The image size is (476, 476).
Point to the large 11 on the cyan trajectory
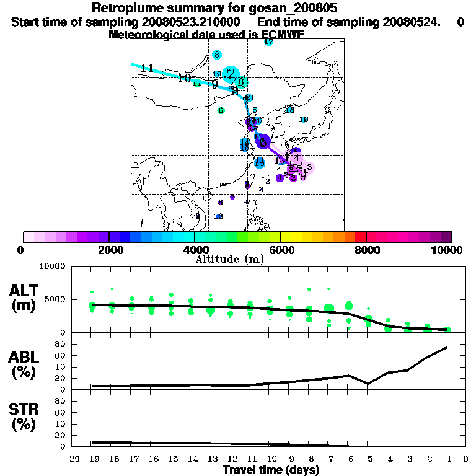(147, 68)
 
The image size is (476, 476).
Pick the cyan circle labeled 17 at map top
(268, 42)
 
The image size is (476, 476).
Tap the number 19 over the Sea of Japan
(304, 120)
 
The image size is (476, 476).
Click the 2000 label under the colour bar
(109, 250)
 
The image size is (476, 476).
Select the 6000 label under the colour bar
(280, 250)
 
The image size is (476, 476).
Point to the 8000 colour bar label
(366, 250)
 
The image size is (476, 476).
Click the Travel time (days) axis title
(271, 470)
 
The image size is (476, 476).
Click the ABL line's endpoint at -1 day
(447, 347)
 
